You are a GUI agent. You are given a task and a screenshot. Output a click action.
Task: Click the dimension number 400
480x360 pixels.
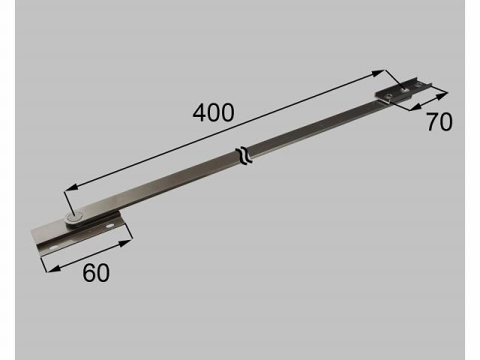[213, 112]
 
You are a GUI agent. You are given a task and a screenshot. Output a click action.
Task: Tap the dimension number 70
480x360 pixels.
[439, 121]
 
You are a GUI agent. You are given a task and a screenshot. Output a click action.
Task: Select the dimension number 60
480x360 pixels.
[96, 273]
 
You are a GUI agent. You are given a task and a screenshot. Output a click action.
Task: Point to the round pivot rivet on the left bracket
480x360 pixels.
[73, 217]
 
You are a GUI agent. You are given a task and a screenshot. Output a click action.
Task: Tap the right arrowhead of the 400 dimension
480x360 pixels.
[378, 73]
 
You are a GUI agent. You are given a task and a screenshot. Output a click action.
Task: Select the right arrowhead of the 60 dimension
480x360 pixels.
[125, 243]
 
